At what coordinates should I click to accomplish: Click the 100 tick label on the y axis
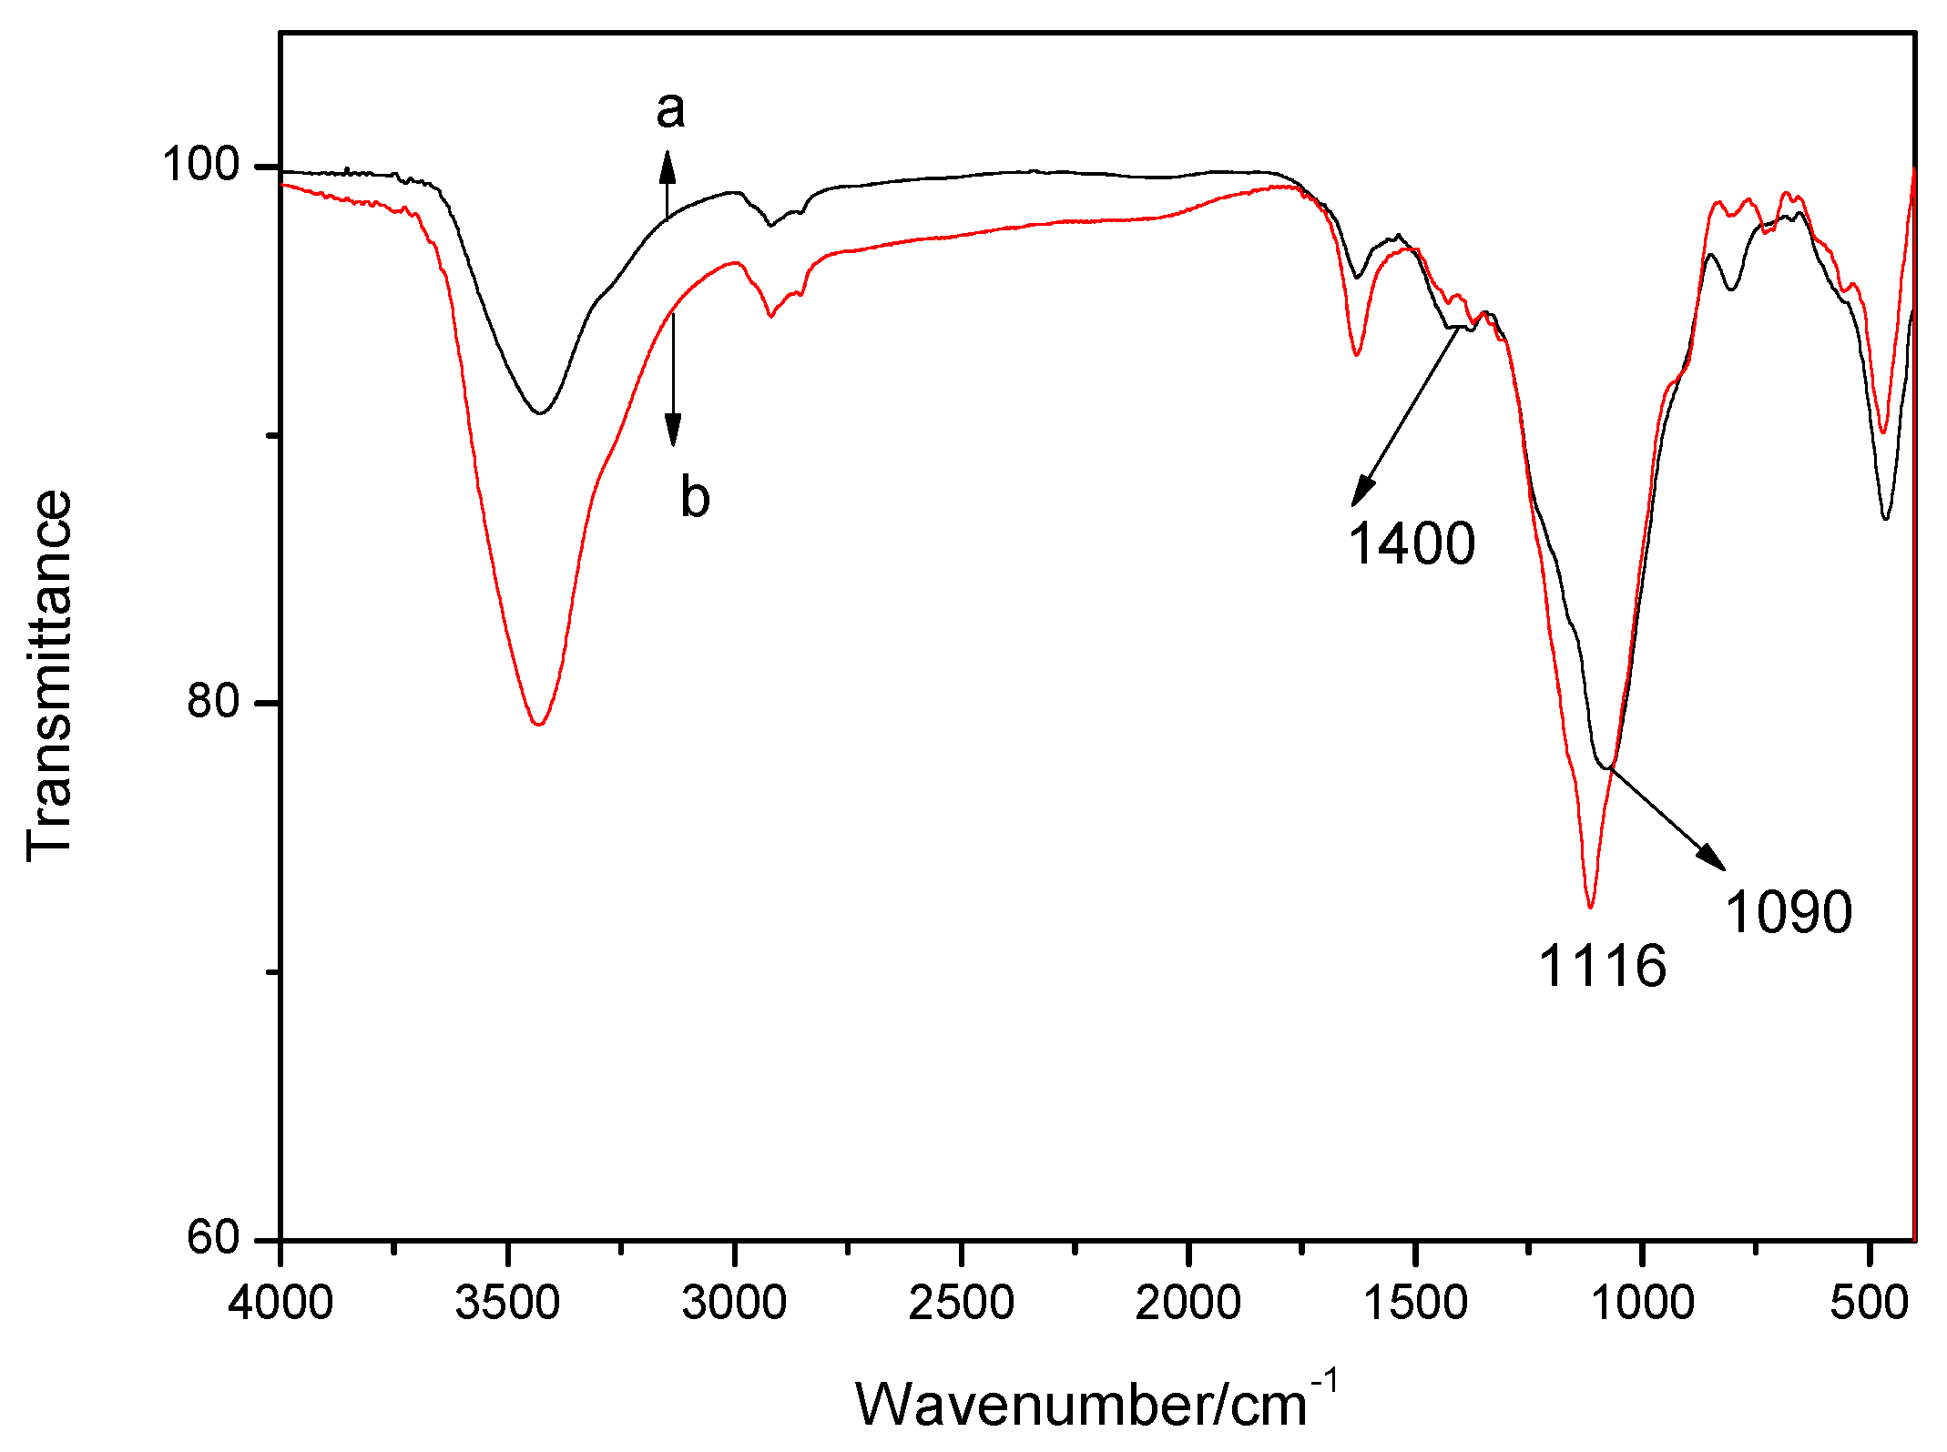[200, 166]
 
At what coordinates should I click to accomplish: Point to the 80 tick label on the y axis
[213, 701]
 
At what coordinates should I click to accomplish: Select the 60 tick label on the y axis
[213, 1237]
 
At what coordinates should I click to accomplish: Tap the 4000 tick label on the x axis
[280, 1304]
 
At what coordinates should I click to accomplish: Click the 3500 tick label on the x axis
[507, 1304]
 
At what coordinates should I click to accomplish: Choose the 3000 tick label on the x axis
[734, 1304]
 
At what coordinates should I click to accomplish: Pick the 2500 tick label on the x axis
[961, 1304]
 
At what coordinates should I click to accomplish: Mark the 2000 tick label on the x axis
[1188, 1304]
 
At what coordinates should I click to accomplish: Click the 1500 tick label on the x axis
[1415, 1304]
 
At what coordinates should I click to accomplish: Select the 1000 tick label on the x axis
[1642, 1304]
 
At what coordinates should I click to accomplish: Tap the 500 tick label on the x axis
[1869, 1304]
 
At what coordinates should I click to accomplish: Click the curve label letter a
[670, 109]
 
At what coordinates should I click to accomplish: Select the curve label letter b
[695, 498]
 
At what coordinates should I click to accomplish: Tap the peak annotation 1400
[1412, 544]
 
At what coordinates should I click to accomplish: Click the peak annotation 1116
[1603, 966]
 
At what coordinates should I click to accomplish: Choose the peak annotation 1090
[1789, 912]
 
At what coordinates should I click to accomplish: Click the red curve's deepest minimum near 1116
[1590, 907]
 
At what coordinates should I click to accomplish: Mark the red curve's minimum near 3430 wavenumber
[539, 724]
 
